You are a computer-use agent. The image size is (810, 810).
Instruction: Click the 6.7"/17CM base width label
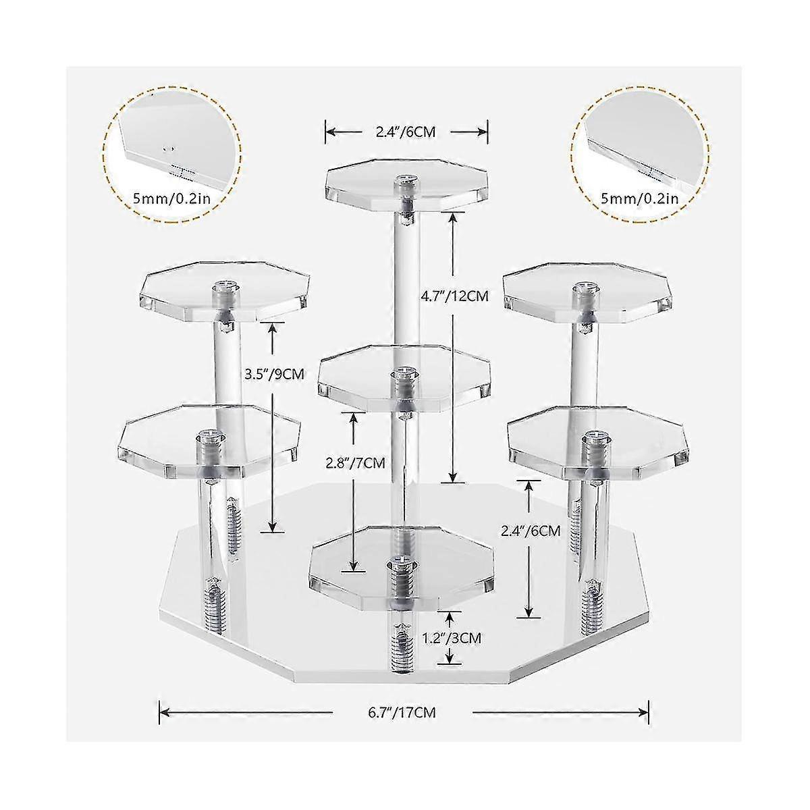pyautogui.click(x=403, y=709)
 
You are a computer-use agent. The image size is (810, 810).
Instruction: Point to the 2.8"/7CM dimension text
pyautogui.click(x=351, y=462)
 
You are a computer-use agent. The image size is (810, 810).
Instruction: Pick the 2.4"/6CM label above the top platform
pyautogui.click(x=406, y=132)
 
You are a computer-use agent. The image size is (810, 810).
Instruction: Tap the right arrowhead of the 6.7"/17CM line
pyautogui.click(x=644, y=709)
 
